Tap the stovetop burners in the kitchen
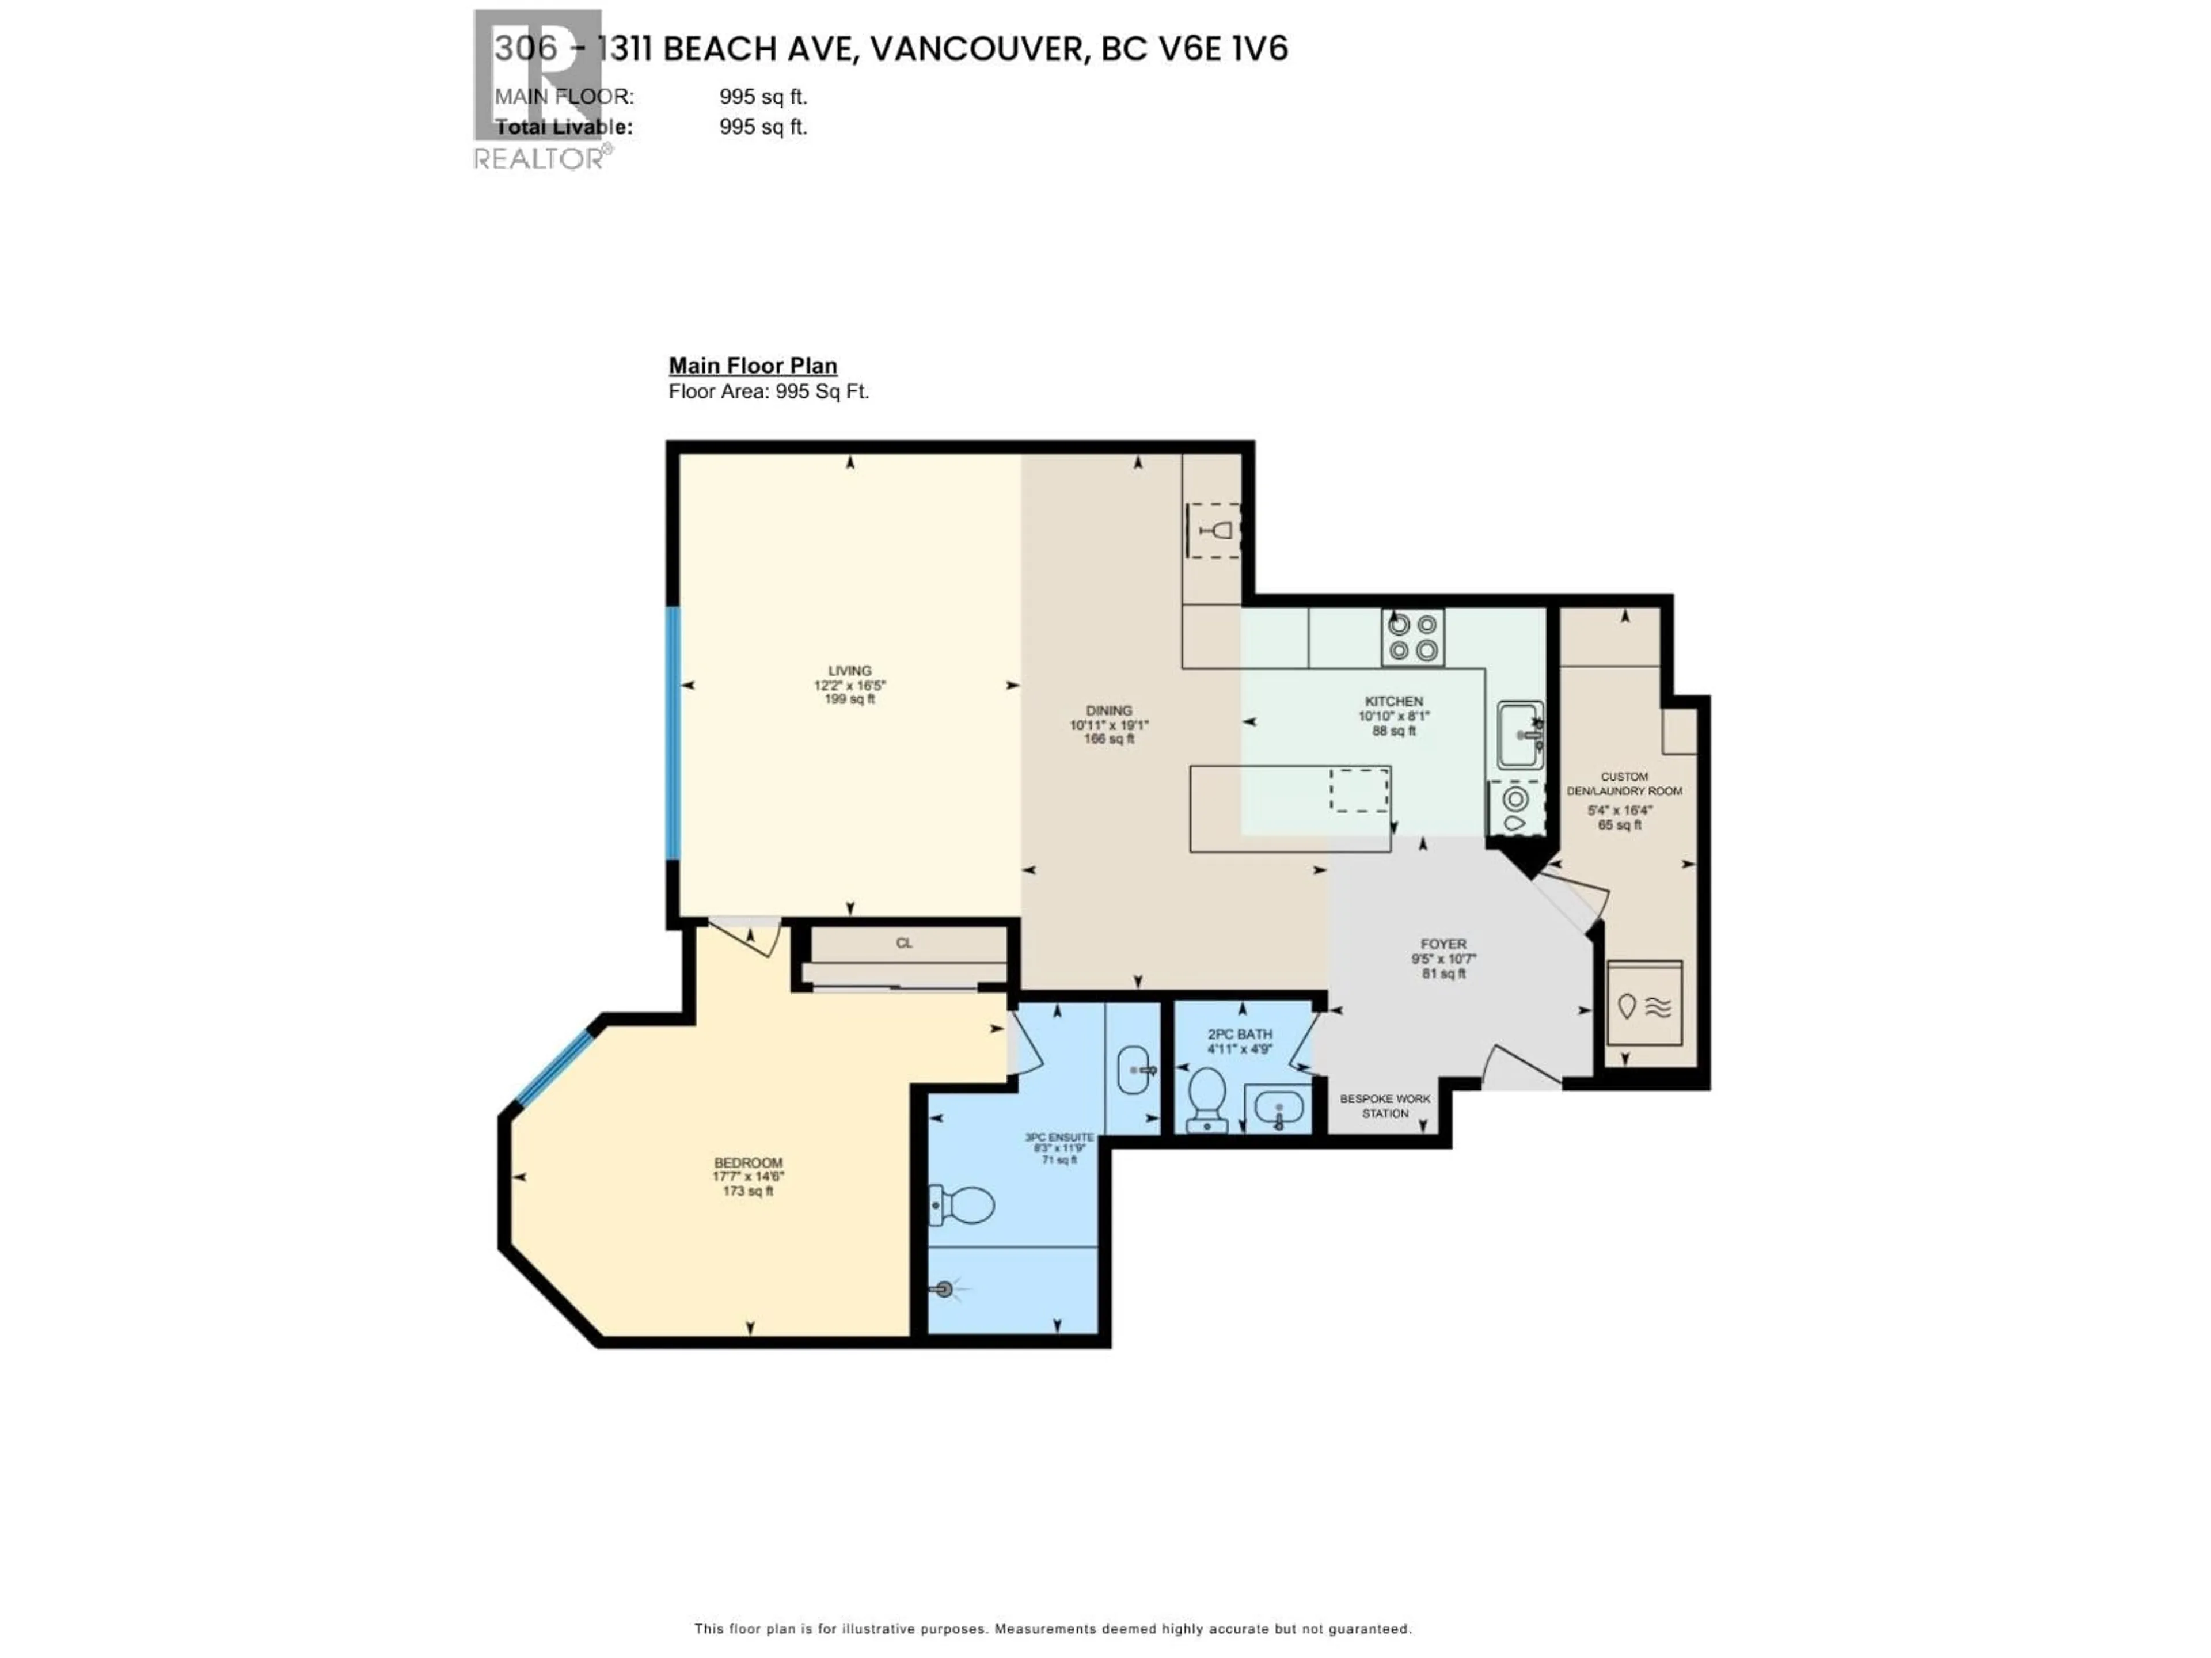point(1412,638)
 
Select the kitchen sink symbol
point(1520,735)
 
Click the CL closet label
point(903,942)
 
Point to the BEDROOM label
point(748,1162)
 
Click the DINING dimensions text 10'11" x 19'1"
point(1108,725)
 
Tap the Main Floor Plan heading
point(753,366)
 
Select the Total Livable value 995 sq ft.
point(763,127)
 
